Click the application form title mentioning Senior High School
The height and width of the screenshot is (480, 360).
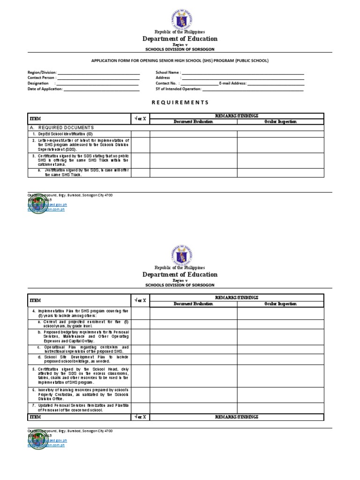[180, 61]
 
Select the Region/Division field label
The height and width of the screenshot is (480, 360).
[43, 73]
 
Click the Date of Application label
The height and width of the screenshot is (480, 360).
[45, 89]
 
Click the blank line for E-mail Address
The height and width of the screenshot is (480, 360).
[276, 83]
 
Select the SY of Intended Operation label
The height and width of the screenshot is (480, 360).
[179, 89]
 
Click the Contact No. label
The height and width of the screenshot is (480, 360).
[167, 83]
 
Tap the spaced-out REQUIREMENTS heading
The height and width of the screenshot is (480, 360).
[180, 102]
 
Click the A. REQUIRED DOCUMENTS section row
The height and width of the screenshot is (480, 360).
[62, 127]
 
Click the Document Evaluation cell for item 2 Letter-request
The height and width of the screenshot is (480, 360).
[193, 145]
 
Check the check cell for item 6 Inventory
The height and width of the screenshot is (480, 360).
[140, 393]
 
